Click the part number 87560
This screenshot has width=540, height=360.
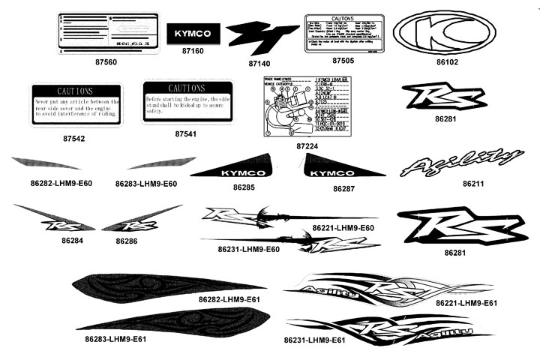[106, 61]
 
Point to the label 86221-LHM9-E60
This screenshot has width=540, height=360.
[343, 227]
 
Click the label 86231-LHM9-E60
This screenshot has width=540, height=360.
[248, 249]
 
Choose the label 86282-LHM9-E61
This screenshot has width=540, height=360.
[229, 299]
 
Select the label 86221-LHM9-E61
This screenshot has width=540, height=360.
[466, 303]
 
